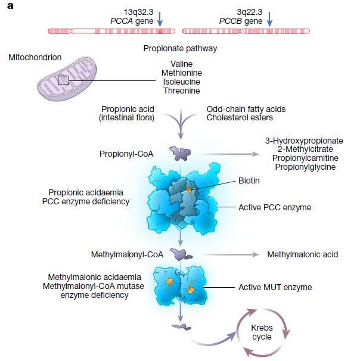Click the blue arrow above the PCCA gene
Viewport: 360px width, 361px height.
click(160, 19)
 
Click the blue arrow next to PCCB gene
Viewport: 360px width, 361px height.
click(269, 19)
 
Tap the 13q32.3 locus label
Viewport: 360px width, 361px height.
click(138, 12)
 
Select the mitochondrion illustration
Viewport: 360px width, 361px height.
click(67, 79)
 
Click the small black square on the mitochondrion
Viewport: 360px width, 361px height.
click(63, 80)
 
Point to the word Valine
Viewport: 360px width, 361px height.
click(182, 64)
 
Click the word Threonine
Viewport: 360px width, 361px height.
click(182, 91)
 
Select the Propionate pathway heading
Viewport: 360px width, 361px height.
click(180, 49)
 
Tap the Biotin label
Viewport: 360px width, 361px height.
click(249, 181)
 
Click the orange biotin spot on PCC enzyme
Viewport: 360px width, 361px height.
click(188, 190)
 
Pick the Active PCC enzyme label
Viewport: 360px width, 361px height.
click(275, 207)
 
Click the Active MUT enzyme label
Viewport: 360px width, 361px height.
click(275, 287)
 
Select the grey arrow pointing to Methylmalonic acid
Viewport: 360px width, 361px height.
click(230, 254)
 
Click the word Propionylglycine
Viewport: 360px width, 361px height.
click(305, 167)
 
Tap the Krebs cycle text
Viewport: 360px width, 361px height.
click(262, 332)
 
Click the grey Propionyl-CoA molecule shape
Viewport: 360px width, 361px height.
click(180, 153)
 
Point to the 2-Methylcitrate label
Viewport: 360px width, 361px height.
click(305, 149)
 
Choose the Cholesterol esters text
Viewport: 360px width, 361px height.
click(240, 117)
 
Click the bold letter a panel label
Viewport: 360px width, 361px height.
click(10, 6)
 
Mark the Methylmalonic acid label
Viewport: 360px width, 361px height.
click(303, 254)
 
